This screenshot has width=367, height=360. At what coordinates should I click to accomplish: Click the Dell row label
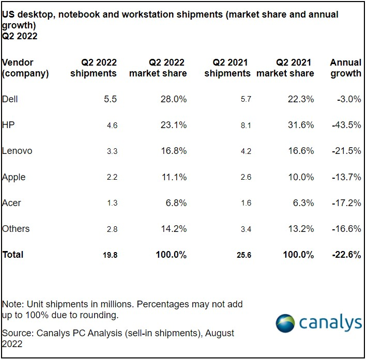click(x=10, y=99)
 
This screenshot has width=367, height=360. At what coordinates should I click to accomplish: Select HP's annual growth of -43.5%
click(x=346, y=124)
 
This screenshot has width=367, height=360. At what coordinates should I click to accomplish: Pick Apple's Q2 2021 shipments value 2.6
click(x=246, y=177)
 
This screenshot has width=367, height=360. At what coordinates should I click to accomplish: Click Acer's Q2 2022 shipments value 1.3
click(x=112, y=203)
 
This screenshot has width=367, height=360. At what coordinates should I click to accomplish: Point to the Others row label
click(x=16, y=228)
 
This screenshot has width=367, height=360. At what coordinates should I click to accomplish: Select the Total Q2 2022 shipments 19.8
click(x=110, y=255)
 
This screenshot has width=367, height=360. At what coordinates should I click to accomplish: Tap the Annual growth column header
click(x=345, y=68)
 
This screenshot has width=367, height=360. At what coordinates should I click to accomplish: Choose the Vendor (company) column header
click(x=25, y=68)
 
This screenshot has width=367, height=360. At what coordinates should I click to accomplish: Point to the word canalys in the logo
click(x=331, y=323)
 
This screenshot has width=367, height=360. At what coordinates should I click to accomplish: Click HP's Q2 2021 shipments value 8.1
click(x=246, y=124)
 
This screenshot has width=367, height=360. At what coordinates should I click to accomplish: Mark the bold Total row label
click(x=13, y=254)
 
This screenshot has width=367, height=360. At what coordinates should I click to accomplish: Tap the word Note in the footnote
click(x=12, y=304)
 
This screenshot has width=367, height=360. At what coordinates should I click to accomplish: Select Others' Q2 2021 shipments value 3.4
click(x=246, y=229)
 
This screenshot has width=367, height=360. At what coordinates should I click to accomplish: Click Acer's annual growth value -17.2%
click(x=346, y=202)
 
